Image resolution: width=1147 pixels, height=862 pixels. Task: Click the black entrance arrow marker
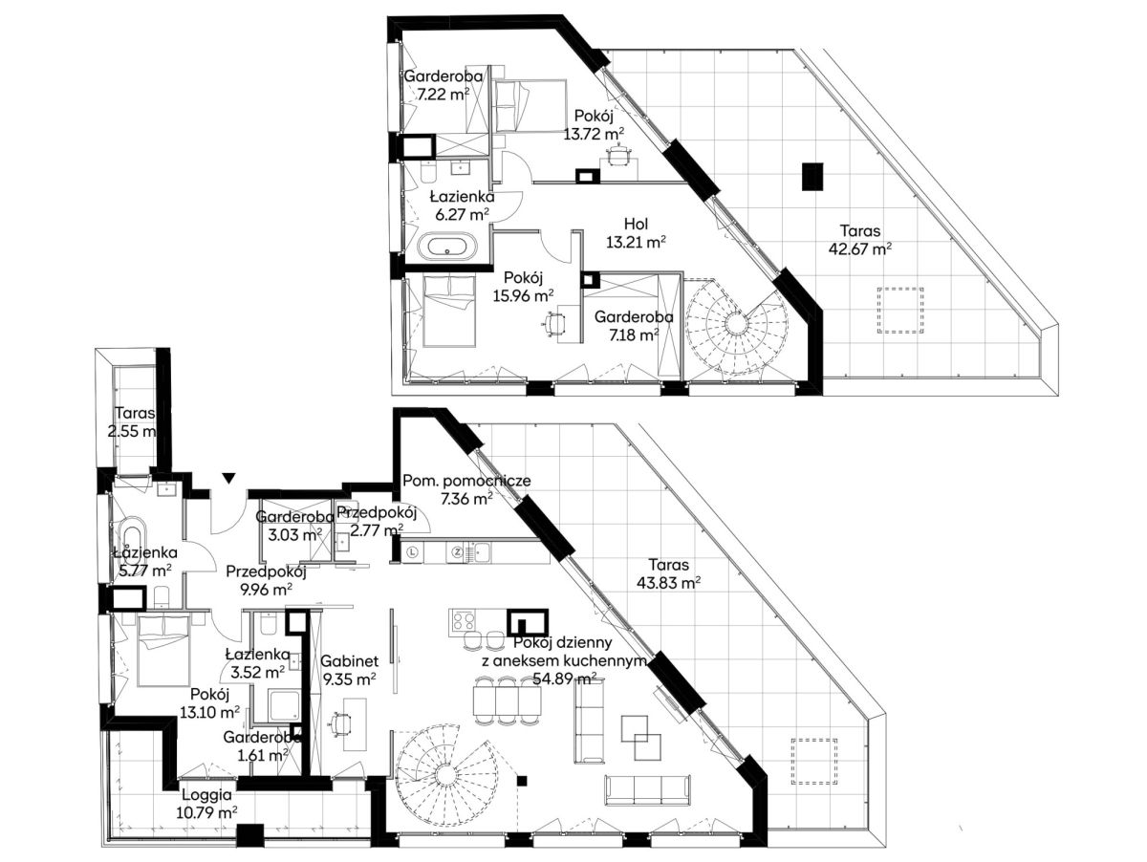(x=228, y=478)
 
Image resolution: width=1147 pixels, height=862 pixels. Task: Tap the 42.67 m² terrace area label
(x=860, y=240)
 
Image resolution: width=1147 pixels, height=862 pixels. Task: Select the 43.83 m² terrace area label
(x=669, y=573)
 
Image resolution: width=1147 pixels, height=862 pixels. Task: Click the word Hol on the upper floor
(x=636, y=225)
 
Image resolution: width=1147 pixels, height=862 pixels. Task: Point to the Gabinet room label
(x=349, y=661)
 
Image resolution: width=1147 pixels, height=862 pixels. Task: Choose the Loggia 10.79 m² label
(x=206, y=803)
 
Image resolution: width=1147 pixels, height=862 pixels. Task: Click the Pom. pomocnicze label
(x=466, y=481)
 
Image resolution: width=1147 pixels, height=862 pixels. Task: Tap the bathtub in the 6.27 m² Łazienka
(x=447, y=247)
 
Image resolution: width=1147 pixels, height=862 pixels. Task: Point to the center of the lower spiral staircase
(x=445, y=773)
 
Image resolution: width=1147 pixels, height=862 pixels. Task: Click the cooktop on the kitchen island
(x=462, y=621)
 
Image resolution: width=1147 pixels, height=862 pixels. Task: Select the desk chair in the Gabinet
(x=339, y=723)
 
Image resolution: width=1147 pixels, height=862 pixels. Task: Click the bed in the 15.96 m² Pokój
(x=449, y=311)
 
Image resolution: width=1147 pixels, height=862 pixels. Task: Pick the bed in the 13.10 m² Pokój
(x=163, y=650)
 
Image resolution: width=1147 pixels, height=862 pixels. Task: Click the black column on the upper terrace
(x=812, y=177)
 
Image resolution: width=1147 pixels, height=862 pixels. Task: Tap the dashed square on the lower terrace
(x=814, y=761)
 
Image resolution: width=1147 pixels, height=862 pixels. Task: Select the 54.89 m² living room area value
(x=565, y=679)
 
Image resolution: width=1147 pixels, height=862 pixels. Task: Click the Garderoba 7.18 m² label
(x=634, y=326)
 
